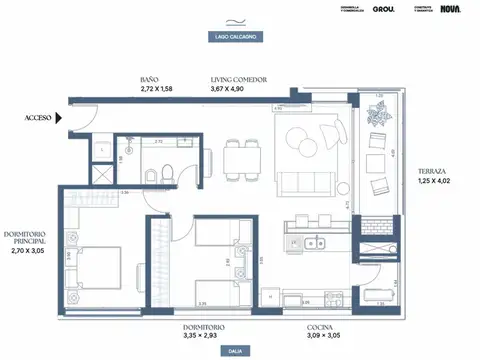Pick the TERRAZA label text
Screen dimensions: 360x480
tap(432, 171)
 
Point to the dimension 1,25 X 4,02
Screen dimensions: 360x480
tap(432, 181)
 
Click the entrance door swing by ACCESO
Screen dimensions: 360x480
tap(83, 120)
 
